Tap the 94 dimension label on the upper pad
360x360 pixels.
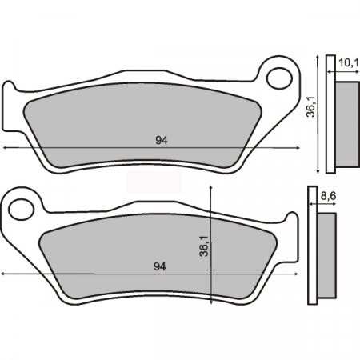[160, 140]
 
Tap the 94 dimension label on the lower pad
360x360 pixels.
[160, 266]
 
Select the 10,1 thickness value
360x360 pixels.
[346, 62]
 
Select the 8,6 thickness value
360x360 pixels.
[328, 194]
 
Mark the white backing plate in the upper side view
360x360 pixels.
[330, 114]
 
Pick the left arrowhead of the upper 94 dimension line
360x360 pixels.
[6, 148]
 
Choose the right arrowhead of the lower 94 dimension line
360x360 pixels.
[298, 274]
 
